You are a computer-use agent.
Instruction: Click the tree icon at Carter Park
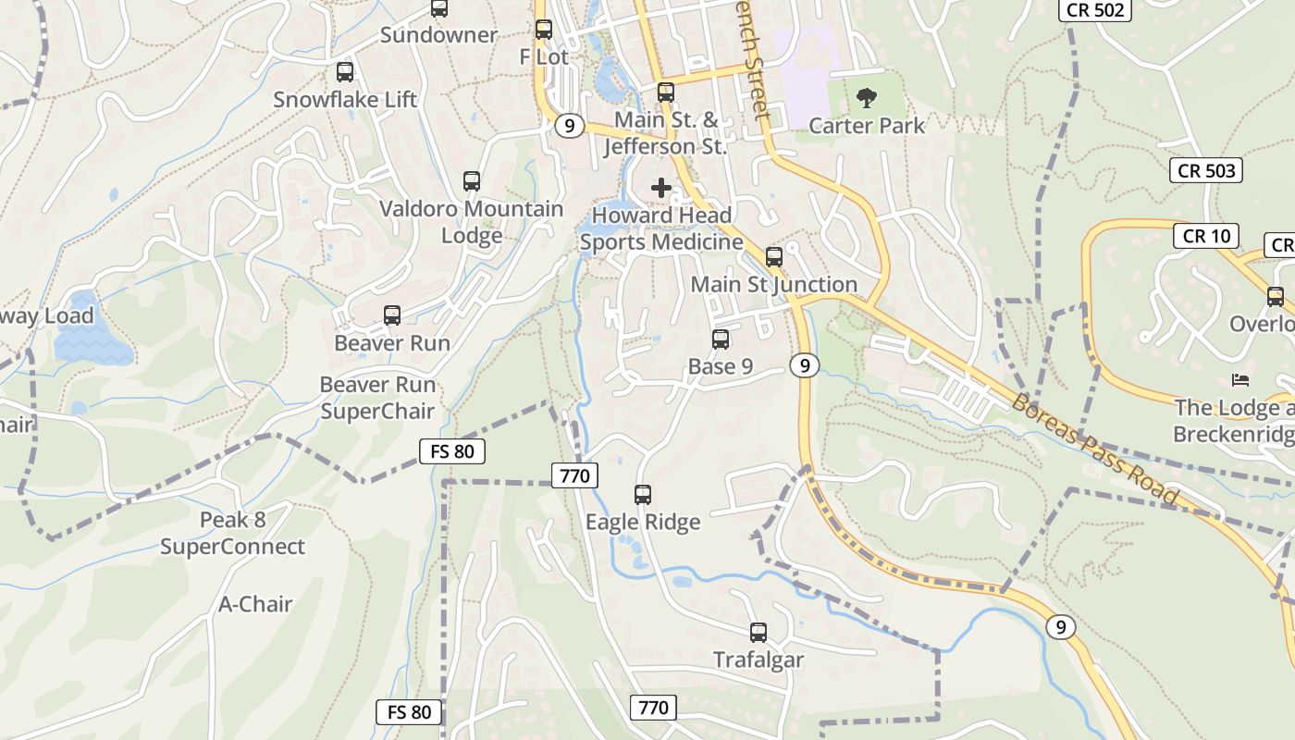867,97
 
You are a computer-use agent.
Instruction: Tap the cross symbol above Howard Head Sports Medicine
661,188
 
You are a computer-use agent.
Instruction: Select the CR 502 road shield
1094,10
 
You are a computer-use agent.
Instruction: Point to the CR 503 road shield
1206,170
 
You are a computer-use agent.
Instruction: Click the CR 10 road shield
1206,236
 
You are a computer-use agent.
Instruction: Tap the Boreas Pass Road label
1095,450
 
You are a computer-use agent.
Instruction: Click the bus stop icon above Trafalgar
758,633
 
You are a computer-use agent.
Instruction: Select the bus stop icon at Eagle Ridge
643,495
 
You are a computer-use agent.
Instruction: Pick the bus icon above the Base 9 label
721,339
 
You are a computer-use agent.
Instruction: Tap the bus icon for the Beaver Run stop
392,315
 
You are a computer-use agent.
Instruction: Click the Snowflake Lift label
345,100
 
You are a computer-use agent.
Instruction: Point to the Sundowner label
439,35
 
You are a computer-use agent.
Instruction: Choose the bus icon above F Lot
544,30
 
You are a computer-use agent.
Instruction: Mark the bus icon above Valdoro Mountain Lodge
472,181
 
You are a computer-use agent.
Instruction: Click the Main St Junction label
774,284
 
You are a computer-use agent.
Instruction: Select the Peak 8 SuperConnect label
232,534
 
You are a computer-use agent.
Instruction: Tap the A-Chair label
255,604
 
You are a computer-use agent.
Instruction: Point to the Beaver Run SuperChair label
377,398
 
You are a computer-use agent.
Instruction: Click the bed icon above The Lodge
1240,380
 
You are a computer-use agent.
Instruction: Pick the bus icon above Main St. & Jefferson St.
666,92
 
